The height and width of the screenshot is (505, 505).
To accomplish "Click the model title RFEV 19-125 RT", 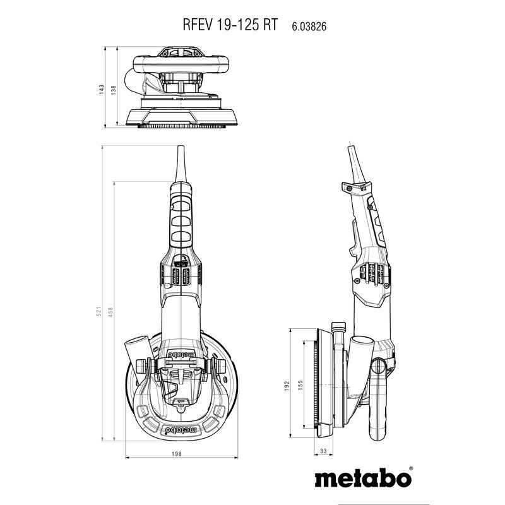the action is click(230, 25).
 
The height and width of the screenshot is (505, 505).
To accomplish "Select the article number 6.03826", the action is click(309, 26).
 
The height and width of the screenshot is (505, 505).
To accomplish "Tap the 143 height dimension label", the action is click(102, 89).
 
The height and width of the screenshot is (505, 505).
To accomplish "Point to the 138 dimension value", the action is click(114, 90).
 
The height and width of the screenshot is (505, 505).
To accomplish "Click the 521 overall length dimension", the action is click(99, 311).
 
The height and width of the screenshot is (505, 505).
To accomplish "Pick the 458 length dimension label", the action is click(111, 312).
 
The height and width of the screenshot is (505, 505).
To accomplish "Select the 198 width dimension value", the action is click(177, 454).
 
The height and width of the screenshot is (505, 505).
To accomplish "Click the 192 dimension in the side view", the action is click(287, 386).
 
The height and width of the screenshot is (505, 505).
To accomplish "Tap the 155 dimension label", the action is click(300, 385).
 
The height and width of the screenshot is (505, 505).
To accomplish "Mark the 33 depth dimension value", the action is click(323, 451).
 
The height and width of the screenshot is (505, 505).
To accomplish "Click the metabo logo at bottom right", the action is click(363, 479).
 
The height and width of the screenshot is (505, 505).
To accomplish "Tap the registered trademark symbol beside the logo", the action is click(411, 468).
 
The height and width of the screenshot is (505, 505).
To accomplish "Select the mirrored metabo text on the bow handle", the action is click(181, 431).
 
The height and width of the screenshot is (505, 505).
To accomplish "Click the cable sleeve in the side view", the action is click(357, 164).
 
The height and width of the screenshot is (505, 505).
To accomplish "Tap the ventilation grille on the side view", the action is click(372, 273).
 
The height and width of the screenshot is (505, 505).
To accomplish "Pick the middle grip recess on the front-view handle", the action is click(182, 222).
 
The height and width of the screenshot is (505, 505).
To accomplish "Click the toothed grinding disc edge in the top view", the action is click(181, 126).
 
